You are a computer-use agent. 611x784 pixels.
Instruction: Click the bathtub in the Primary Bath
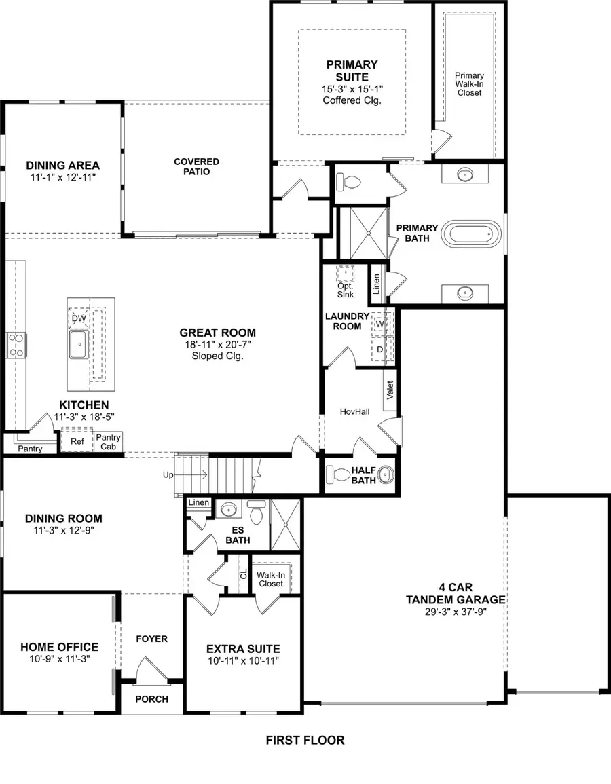473,235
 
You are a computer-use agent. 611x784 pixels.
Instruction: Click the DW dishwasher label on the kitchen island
79,318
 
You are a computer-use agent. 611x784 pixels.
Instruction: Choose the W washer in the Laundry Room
379,324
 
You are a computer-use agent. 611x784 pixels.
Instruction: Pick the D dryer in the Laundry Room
379,348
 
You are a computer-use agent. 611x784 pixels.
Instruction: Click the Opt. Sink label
346,289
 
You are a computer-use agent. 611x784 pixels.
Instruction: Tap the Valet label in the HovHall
390,390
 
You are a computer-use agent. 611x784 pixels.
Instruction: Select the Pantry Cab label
108,442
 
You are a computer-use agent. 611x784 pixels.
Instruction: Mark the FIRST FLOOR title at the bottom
305,740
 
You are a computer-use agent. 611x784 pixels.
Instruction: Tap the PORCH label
152,699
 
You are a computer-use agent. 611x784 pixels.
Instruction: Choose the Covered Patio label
196,166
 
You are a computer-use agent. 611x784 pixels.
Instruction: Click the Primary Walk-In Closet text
469,83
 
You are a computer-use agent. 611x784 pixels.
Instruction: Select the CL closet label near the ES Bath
244,574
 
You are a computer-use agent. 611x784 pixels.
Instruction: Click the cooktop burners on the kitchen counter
16,344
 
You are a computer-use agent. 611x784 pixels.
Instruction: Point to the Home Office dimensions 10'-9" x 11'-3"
59,659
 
